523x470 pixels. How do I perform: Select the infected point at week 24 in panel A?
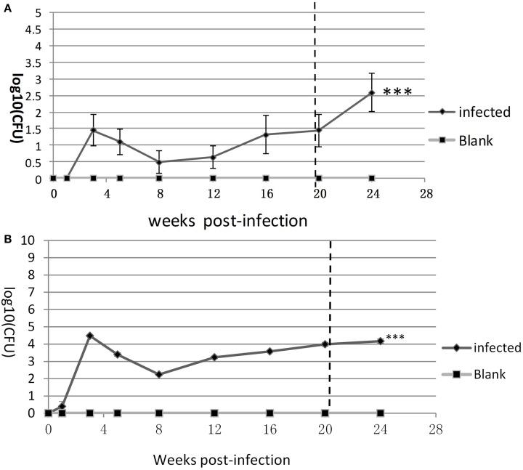pos(372,92)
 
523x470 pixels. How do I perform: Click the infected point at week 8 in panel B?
pos(159,375)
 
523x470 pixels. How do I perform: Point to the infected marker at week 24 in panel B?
pos(380,341)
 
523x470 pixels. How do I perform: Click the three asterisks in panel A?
pos(397,92)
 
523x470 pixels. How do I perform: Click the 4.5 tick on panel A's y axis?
pos(34,30)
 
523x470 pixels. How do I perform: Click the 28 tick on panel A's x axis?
pos(426,193)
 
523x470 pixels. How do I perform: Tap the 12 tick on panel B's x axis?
pos(214,429)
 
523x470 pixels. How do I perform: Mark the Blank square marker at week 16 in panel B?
pos(269,413)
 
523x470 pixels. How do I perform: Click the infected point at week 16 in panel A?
pos(266,134)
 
